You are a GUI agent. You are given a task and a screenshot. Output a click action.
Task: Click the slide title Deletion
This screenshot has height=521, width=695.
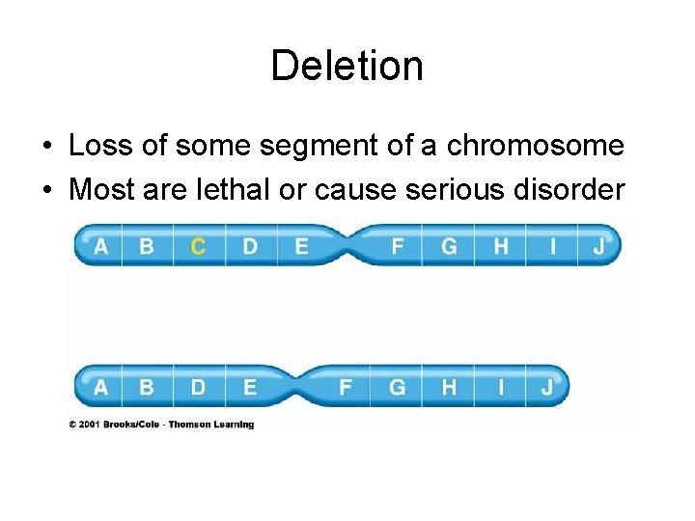[x=347, y=67]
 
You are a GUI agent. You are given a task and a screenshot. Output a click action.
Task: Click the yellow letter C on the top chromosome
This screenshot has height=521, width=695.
[x=198, y=246]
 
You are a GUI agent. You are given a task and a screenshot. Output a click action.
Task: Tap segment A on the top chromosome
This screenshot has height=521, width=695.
[x=100, y=247]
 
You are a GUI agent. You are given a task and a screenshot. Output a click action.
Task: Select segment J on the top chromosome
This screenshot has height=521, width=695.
[x=598, y=246]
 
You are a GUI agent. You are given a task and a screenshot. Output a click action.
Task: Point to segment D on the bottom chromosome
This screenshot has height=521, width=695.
[x=198, y=388]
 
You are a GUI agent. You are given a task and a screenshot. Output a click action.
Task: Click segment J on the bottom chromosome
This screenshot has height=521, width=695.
[x=546, y=388]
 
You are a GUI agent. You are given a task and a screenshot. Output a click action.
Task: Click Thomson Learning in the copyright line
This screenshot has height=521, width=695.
[x=211, y=425]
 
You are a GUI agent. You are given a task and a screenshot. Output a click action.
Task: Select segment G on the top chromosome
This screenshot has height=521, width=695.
[x=449, y=246]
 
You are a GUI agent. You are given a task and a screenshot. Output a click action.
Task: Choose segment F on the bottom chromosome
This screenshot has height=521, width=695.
[x=345, y=388]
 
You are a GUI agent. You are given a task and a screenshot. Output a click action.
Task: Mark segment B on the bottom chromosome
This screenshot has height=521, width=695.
[x=146, y=388]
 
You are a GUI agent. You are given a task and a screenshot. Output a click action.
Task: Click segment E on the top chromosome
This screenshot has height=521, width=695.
[x=301, y=246]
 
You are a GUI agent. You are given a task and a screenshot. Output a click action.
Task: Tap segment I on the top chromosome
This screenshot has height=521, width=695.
[x=552, y=246]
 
